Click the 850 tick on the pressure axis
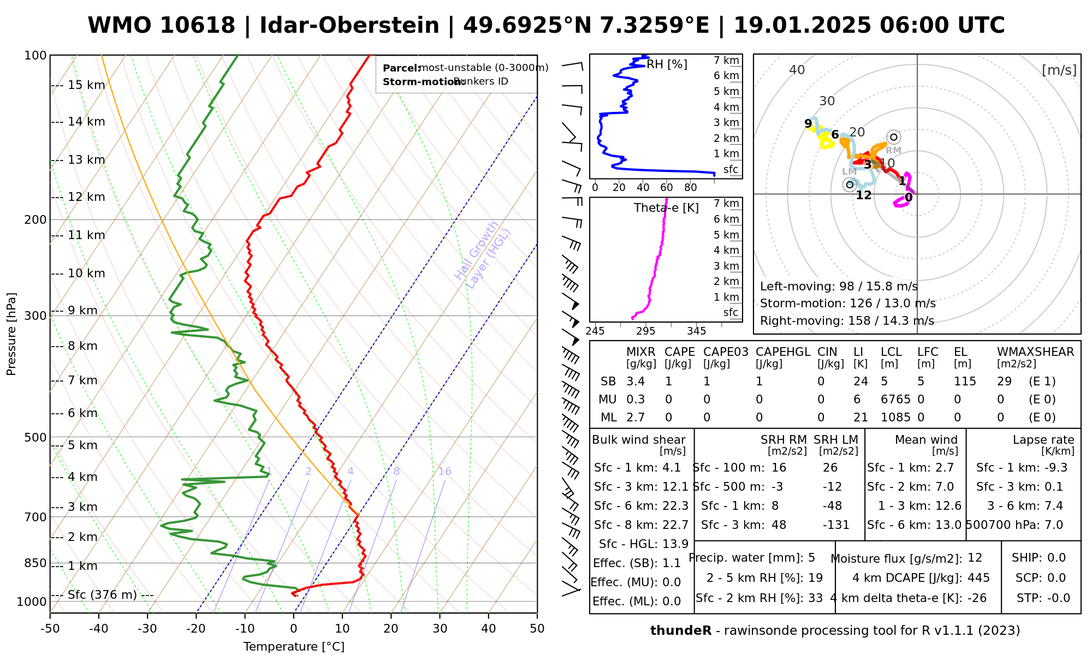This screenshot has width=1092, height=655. (35, 563)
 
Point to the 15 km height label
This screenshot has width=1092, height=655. (86, 85)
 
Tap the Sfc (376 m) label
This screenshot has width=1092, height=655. (102, 595)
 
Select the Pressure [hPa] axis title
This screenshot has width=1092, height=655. (11, 334)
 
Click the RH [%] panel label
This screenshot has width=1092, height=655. (667, 64)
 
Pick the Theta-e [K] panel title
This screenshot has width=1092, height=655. (666, 208)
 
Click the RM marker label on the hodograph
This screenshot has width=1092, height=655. (893, 151)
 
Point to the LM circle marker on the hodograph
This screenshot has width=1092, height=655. (850, 184)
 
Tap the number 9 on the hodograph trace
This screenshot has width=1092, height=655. (808, 124)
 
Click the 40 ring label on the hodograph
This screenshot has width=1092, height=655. (797, 70)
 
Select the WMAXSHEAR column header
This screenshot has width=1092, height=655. (1035, 352)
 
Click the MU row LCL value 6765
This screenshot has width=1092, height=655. (895, 400)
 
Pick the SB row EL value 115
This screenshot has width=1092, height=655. (965, 382)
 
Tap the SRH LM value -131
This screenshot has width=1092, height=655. (836, 525)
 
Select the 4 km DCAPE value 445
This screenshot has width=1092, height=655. (978, 578)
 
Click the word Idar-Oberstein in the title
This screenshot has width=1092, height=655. (349, 26)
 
